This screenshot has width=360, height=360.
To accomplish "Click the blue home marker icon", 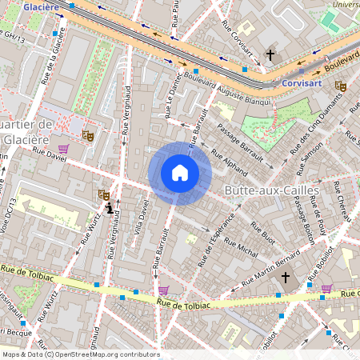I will tap(180, 173).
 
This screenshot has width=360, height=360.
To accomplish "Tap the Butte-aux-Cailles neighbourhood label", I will tap(272, 190).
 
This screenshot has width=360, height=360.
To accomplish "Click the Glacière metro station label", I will tap(42, 6).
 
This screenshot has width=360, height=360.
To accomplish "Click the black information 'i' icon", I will tap(109, 207).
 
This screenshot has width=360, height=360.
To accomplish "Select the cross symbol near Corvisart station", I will tap(270, 55).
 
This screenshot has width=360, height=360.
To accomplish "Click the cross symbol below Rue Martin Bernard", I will tap(286, 278).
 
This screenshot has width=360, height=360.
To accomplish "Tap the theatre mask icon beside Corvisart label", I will tap(341, 86).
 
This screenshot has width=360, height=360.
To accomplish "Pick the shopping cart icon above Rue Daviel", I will tap(63, 149).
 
